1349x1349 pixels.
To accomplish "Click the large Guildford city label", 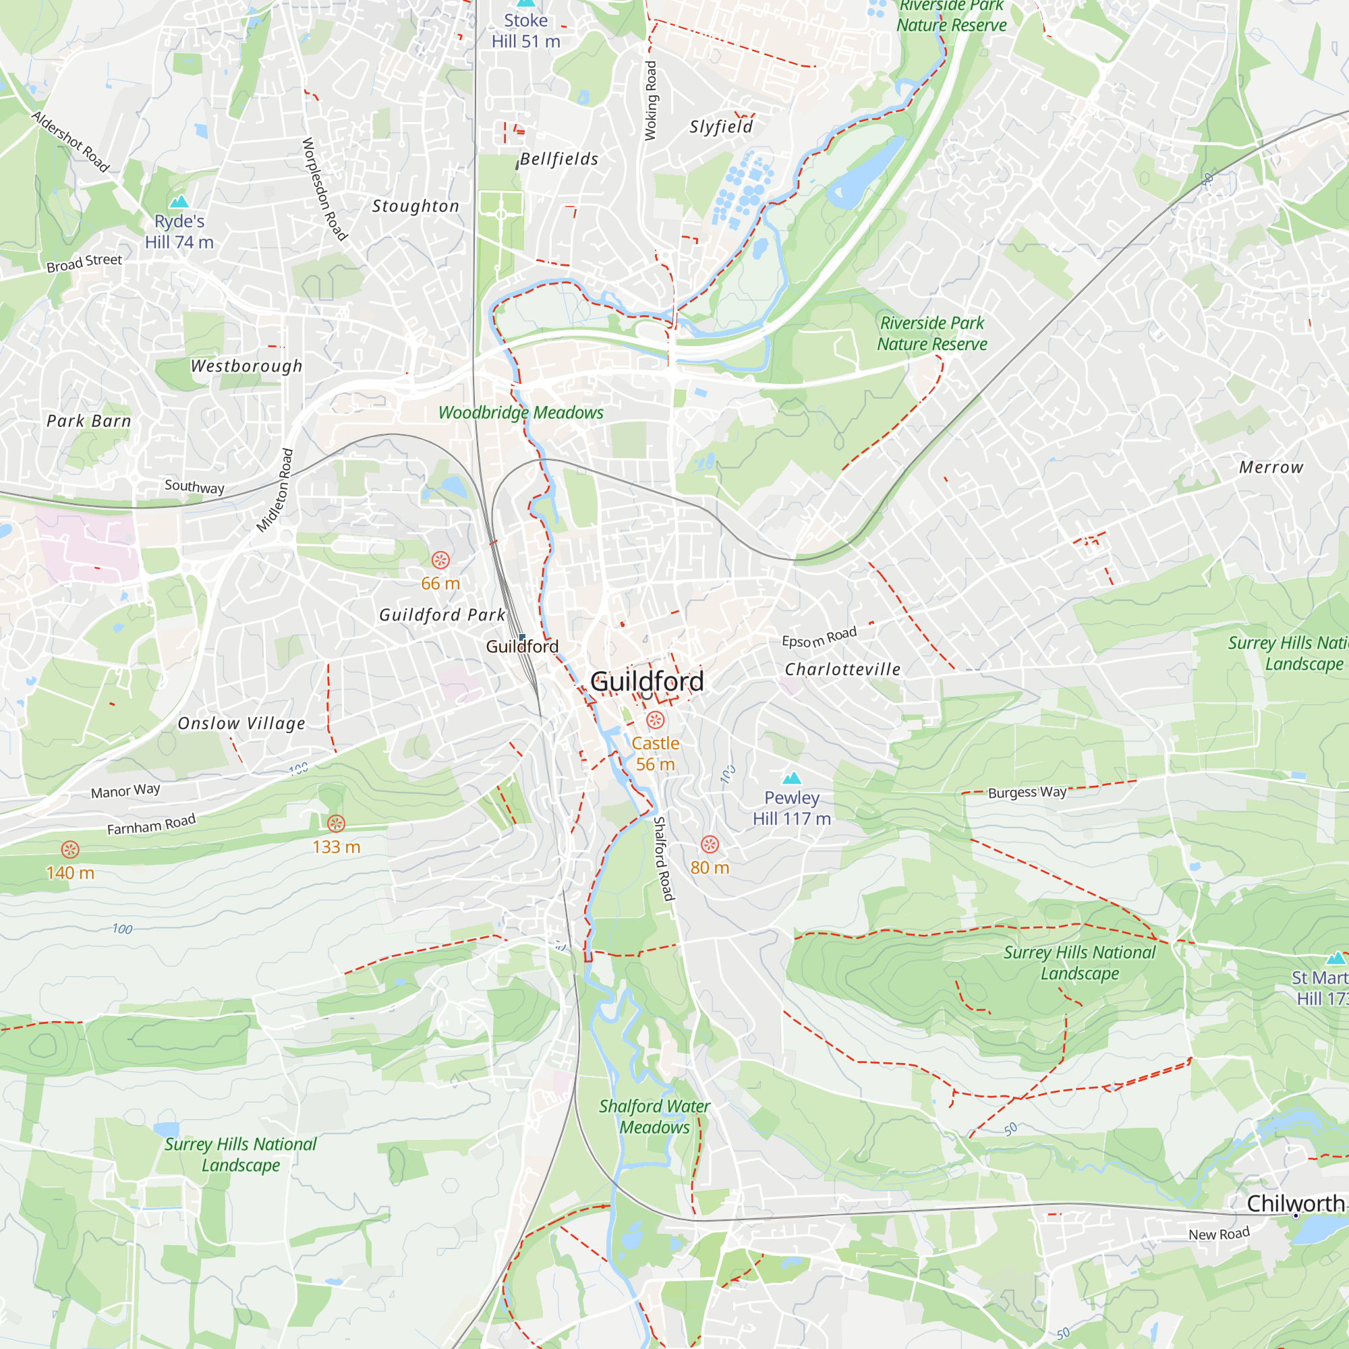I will click(x=647, y=681).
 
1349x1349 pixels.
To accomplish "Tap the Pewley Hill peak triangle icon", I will click(x=791, y=778).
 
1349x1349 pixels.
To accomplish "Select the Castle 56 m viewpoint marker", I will click(x=655, y=720).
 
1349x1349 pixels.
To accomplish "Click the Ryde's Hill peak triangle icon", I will click(x=179, y=202).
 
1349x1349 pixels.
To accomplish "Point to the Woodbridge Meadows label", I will click(x=520, y=413).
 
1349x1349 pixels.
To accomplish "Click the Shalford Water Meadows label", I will click(x=654, y=1116).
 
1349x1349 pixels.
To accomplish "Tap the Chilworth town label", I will click(x=1295, y=1203).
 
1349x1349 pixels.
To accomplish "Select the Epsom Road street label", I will click(x=818, y=637).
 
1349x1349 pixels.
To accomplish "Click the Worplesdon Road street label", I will click(x=324, y=189).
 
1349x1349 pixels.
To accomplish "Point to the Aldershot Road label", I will click(x=71, y=142).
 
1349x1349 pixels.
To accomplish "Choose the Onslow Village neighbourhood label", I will click(x=241, y=723).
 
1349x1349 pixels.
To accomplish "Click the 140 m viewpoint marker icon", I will click(x=70, y=849).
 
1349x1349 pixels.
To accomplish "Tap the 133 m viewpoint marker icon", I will click(x=336, y=824).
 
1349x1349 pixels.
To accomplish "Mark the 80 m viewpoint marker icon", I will click(x=710, y=844).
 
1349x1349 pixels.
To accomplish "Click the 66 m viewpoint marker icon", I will click(x=440, y=560).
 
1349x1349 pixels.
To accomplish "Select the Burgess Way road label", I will click(x=1027, y=793).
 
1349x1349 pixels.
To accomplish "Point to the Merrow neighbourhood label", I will click(x=1271, y=467).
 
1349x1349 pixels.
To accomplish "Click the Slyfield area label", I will click(x=721, y=126).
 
